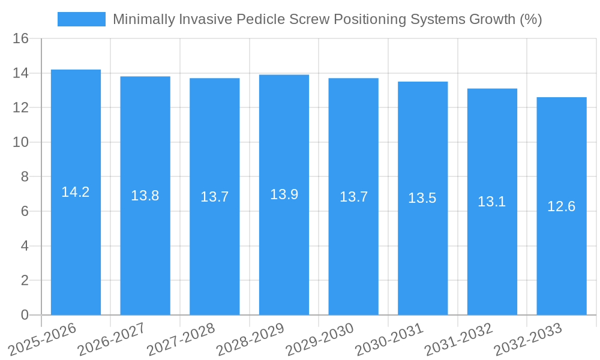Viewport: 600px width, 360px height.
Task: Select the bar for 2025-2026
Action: point(76,192)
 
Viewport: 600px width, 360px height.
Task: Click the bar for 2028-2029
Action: point(284,194)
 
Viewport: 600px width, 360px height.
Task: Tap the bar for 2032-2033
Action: point(562,206)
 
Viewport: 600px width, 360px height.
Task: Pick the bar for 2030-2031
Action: point(422,198)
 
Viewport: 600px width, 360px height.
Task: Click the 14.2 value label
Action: point(76,192)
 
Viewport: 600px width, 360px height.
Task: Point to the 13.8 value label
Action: point(145,196)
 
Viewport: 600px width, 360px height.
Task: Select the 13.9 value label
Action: point(284,194)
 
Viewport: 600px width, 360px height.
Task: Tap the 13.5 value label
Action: point(422,198)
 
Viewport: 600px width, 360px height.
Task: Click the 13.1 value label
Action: point(492,202)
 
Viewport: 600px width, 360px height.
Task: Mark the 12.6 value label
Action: point(562,206)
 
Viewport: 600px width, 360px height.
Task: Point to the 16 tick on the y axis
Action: point(21,39)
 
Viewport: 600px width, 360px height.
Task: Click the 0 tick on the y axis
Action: point(25,315)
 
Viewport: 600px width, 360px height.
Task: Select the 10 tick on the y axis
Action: point(21,142)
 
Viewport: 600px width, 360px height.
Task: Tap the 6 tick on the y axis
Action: point(25,211)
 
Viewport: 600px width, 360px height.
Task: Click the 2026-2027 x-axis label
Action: point(112,339)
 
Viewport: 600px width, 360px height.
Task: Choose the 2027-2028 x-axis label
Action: point(181,339)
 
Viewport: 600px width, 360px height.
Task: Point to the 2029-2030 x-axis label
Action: point(320,339)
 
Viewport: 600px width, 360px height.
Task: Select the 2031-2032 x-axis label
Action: point(459,339)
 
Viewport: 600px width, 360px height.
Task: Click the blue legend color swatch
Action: point(82,19)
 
